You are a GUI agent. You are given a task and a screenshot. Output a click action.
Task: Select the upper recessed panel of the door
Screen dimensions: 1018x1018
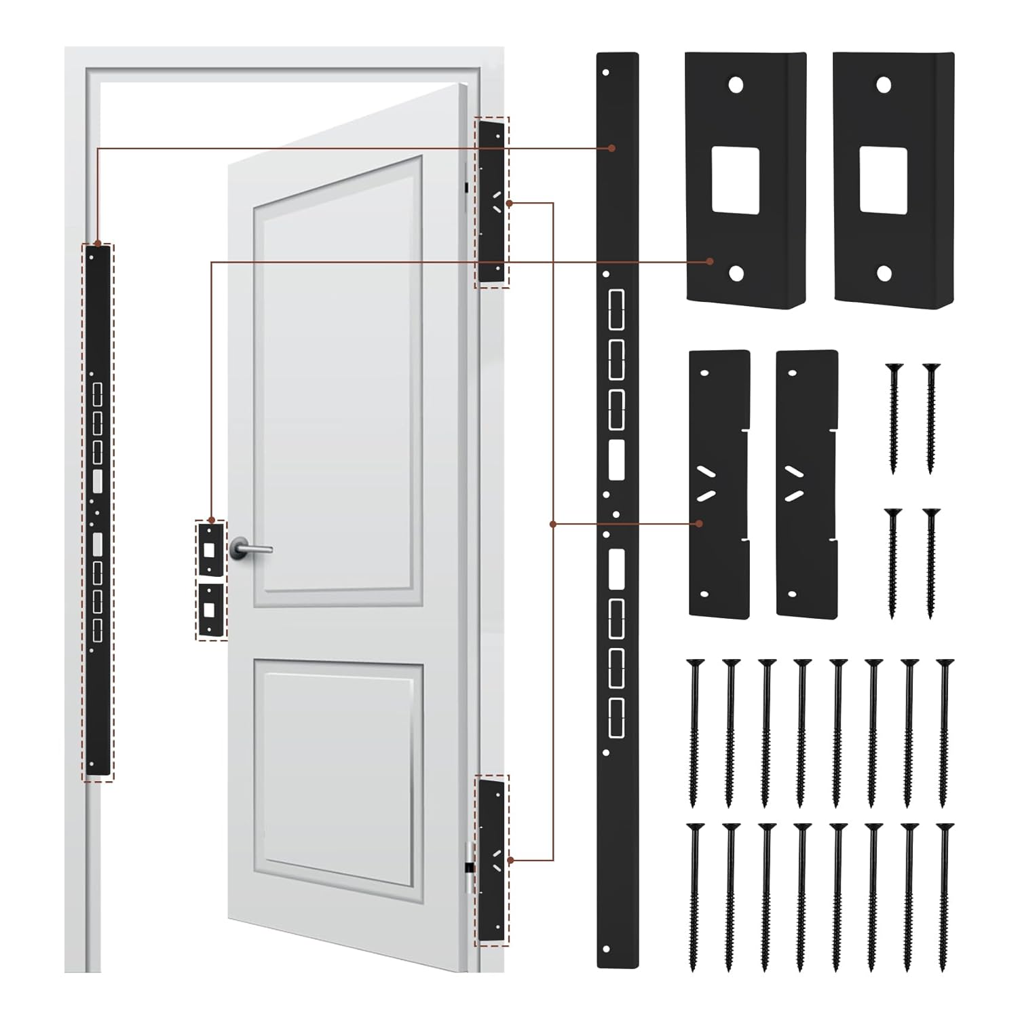[338, 380]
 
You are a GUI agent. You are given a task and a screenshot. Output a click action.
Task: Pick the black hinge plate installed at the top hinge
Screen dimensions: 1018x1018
[492, 202]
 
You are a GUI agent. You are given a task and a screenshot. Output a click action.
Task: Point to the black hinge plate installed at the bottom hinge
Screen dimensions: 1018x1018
[492, 859]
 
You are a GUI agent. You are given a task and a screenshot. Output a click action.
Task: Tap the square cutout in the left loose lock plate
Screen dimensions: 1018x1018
[735, 178]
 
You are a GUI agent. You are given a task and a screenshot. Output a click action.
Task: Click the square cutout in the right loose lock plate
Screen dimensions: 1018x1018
[883, 180]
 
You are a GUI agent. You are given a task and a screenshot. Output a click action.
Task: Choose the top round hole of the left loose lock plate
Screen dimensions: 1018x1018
[735, 85]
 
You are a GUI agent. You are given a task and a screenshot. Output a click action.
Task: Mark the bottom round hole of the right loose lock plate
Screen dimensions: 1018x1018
[883, 274]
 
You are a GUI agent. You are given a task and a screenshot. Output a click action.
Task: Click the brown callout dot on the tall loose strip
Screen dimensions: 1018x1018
[611, 147]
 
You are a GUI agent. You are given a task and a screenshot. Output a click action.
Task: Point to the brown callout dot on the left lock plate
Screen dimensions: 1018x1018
[709, 261]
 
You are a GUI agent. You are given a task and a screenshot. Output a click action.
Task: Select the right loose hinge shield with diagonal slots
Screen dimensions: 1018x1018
[806, 483]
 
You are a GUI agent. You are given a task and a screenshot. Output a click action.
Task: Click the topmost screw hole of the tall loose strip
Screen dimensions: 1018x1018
[607, 71]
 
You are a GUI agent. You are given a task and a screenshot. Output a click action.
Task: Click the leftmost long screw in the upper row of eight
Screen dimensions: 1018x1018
[694, 733]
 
